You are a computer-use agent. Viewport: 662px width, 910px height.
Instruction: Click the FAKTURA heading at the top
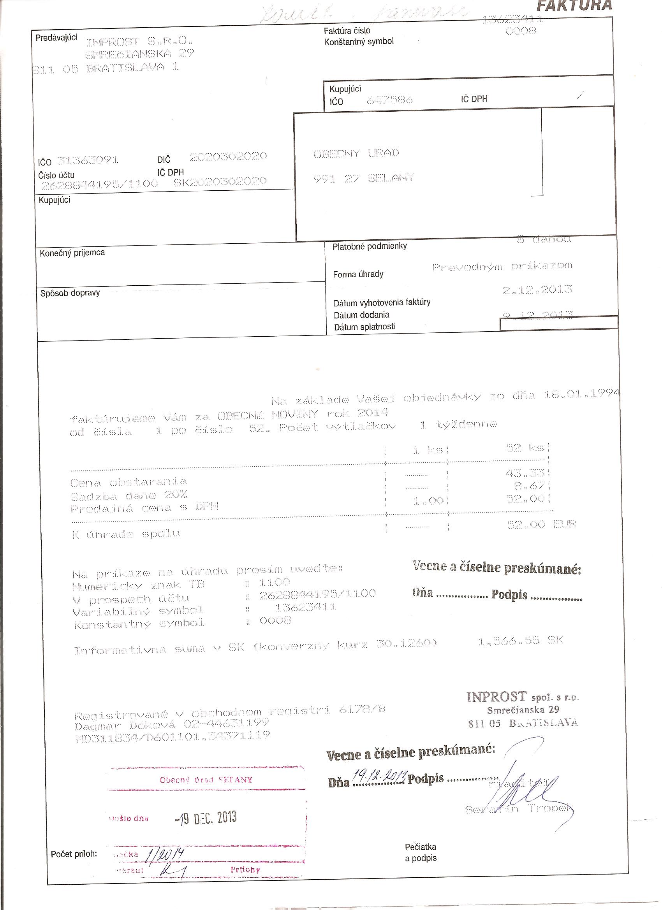(574, 5)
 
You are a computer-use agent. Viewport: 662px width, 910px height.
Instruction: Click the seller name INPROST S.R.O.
(139, 41)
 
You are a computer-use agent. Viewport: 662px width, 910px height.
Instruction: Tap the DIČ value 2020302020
(228, 156)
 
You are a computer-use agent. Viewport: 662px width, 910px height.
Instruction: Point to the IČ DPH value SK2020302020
(220, 181)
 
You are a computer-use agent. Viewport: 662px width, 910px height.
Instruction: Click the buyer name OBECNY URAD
(356, 153)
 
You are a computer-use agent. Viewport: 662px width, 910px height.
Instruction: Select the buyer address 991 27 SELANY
(363, 178)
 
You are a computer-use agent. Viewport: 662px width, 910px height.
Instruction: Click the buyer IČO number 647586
(389, 100)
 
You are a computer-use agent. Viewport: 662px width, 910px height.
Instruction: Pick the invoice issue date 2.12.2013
(537, 289)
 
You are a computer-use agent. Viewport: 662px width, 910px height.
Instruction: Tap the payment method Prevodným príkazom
(502, 266)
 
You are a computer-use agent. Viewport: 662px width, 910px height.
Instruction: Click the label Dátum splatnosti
(364, 327)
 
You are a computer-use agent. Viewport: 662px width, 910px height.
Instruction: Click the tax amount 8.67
(529, 486)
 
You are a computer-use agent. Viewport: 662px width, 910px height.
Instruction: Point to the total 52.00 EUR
(542, 524)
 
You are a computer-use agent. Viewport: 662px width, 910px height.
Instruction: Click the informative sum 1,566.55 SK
(520, 641)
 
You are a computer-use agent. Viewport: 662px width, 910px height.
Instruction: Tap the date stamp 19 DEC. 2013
(206, 817)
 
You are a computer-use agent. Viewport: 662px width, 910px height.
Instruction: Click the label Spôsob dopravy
(70, 293)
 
